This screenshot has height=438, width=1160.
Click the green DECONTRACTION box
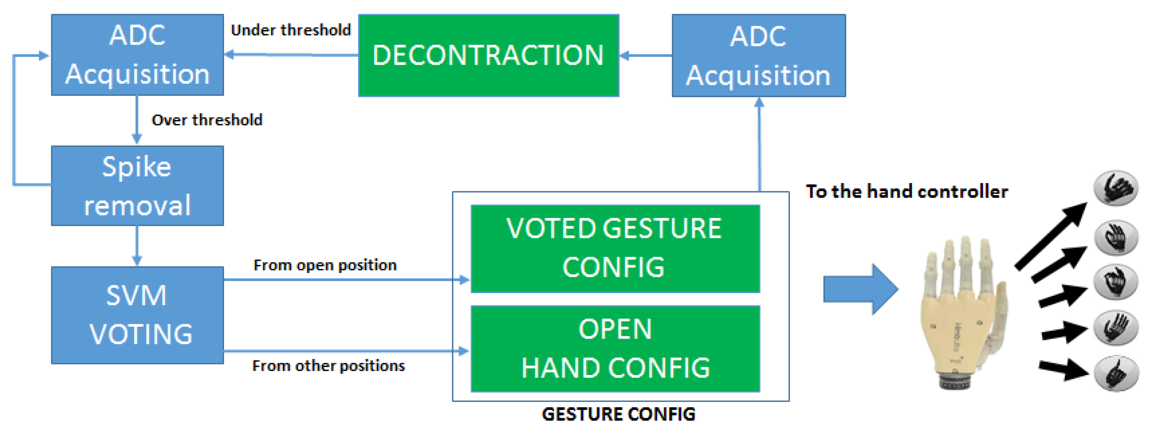click(x=488, y=55)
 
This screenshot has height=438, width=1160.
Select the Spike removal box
click(x=137, y=186)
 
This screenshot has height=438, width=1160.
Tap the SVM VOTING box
click(x=137, y=315)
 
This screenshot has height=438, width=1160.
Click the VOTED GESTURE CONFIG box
click(x=615, y=248)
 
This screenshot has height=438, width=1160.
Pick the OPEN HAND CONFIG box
click(x=615, y=348)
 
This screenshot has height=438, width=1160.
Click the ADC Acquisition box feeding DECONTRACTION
click(x=758, y=55)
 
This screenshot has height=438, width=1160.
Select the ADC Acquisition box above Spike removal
click(x=137, y=55)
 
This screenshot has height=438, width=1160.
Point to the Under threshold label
click(x=290, y=30)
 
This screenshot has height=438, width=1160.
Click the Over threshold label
click(x=207, y=120)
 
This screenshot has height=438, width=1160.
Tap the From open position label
click(x=325, y=265)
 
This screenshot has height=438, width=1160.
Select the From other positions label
click(x=328, y=366)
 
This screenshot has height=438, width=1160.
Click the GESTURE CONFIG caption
click(x=618, y=413)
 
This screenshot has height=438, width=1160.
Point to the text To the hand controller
click(x=906, y=192)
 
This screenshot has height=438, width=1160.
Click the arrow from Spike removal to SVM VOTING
click(x=137, y=246)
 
